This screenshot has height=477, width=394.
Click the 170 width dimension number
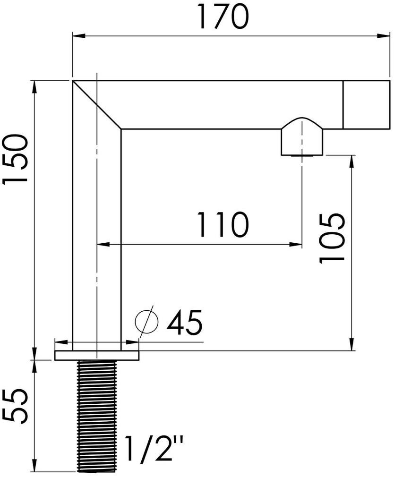coord(223,18)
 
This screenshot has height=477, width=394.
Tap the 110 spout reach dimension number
coord(222,225)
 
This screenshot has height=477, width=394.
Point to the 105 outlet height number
coord(333,238)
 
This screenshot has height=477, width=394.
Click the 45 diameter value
coord(184,323)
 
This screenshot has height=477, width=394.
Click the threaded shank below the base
coord(96,416)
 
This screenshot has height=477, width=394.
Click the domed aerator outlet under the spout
coord(302,137)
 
